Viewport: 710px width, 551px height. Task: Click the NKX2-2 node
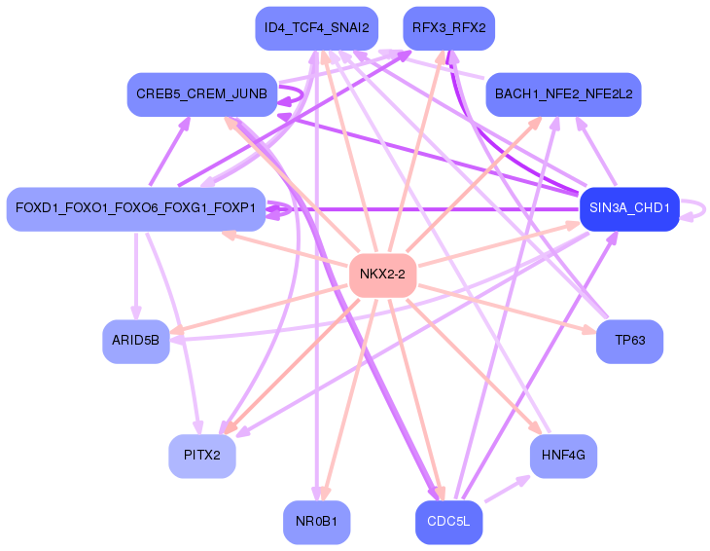[382, 275]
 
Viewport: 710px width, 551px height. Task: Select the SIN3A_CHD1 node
[629, 208]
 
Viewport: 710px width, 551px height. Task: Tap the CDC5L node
[448, 522]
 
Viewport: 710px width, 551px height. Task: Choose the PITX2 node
[202, 455]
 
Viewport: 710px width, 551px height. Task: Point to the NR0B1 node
[316, 522]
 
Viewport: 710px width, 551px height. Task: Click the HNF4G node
[563, 455]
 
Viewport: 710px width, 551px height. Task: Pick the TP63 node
[629, 342]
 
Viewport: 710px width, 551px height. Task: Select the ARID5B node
[136, 342]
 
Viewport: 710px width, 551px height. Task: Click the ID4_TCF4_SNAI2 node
[316, 28]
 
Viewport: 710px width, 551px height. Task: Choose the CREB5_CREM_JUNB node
[201, 94]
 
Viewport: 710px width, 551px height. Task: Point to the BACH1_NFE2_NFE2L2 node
[563, 94]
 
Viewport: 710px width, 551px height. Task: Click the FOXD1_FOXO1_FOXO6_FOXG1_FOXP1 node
[136, 208]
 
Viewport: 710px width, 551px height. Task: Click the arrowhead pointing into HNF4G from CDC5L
[525, 478]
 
